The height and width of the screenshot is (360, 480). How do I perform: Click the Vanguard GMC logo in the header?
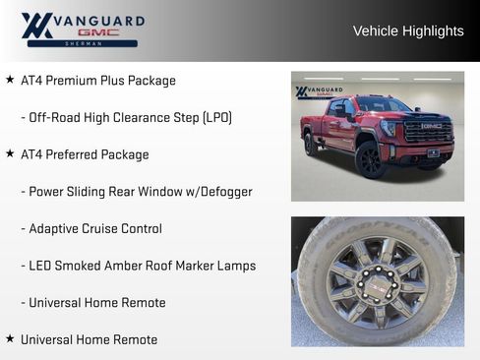click(x=83, y=30)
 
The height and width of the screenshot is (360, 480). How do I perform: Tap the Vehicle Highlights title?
click(x=407, y=31)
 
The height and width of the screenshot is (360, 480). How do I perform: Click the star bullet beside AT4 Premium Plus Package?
click(x=10, y=80)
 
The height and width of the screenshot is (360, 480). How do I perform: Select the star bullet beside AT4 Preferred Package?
click(x=10, y=153)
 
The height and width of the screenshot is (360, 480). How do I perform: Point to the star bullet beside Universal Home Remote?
click(x=10, y=338)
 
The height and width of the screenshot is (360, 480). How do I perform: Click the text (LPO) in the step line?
click(x=217, y=118)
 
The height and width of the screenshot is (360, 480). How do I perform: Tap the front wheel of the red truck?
click(x=372, y=158)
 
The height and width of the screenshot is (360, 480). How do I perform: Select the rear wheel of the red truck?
click(x=311, y=144)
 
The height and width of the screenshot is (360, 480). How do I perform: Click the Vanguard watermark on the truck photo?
click(x=319, y=92)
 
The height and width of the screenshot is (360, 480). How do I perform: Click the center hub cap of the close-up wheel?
click(x=378, y=285)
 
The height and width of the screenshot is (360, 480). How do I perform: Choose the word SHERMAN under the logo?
click(x=83, y=43)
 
